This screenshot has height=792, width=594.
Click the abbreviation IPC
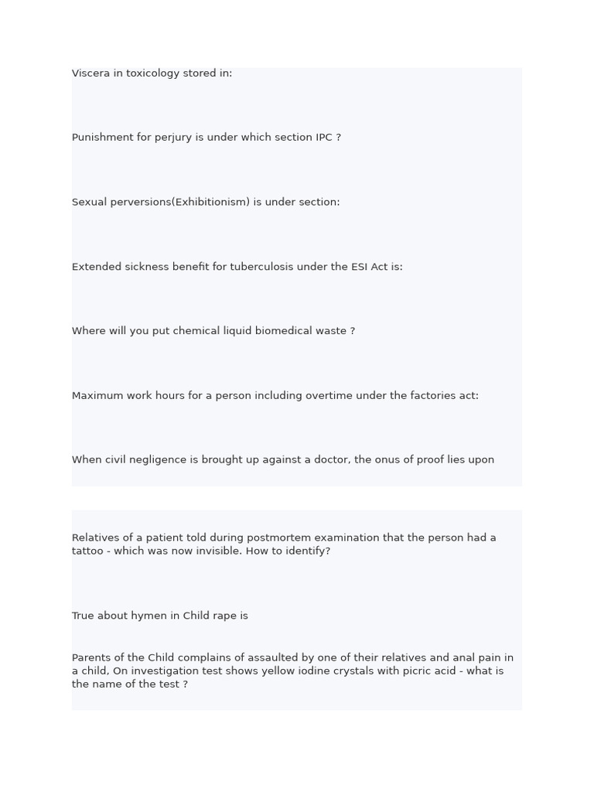point(323,138)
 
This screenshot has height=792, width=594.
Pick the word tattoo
point(87,551)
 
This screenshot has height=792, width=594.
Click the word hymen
point(142,616)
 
